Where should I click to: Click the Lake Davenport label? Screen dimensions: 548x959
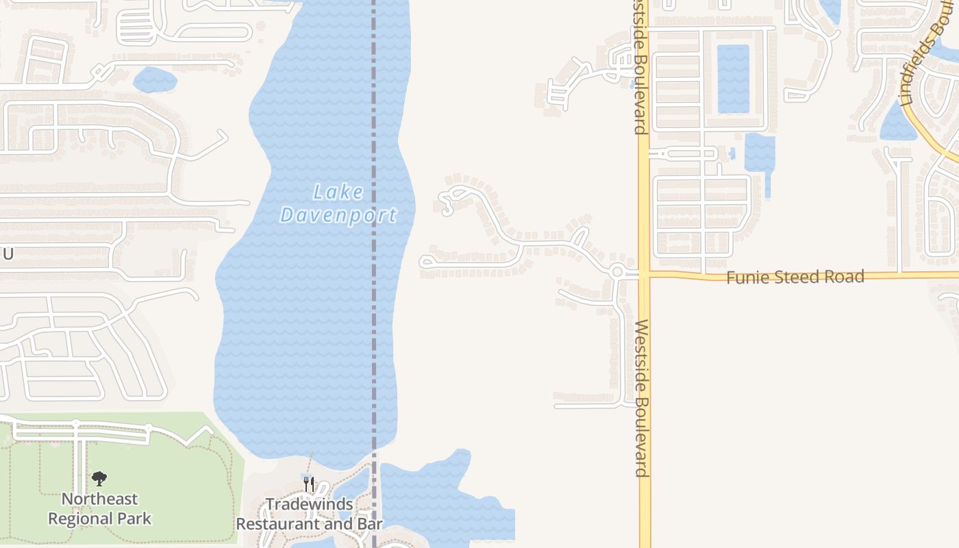point(338,203)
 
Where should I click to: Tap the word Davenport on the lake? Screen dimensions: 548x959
point(338,215)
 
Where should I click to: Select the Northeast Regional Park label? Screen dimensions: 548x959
point(99,508)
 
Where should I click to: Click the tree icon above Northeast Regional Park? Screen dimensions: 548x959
point(99,478)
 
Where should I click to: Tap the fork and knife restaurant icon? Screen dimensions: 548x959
point(309,484)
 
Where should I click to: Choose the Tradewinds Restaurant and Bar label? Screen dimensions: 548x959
point(309,514)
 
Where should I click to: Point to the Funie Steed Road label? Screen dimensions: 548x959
point(795,277)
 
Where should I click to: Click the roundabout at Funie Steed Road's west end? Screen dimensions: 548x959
point(617,272)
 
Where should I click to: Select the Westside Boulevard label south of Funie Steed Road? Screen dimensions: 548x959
point(642,397)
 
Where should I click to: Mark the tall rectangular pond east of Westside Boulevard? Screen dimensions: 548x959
point(733,78)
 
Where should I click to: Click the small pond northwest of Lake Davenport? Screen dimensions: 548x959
point(155,80)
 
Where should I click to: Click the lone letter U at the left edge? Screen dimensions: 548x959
point(8,254)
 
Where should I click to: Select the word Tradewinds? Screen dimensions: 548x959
point(309,505)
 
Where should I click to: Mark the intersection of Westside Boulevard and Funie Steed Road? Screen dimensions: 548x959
point(644,275)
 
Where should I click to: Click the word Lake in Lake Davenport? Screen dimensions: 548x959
point(338,192)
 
